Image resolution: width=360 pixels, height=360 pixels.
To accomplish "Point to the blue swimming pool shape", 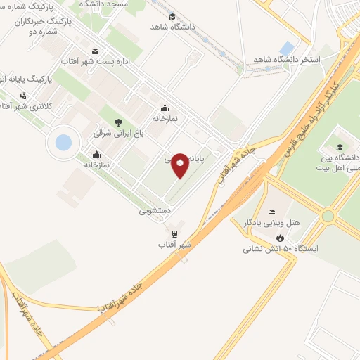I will (287, 48).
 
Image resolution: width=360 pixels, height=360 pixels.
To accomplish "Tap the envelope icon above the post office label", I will (96, 51).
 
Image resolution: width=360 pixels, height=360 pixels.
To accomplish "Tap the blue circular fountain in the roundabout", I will (63, 143).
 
